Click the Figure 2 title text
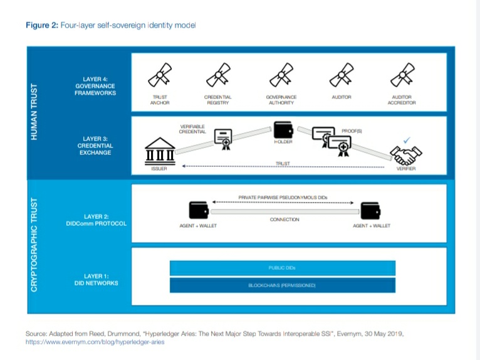(x=110, y=25)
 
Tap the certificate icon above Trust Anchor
(x=160, y=77)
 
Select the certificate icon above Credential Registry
(x=218, y=77)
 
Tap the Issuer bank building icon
(x=159, y=151)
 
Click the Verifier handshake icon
(x=403, y=152)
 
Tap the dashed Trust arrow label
(x=283, y=164)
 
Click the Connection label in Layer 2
(x=284, y=220)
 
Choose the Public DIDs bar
(x=282, y=268)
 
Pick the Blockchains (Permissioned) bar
(x=282, y=285)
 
